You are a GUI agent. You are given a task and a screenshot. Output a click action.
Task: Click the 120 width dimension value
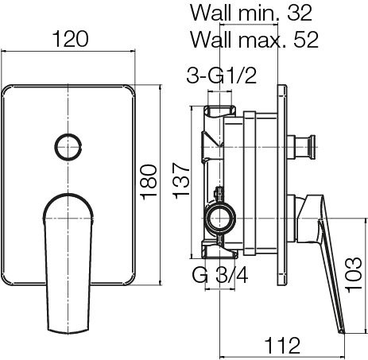click(71, 39)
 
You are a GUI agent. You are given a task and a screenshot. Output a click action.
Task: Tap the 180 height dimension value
click(149, 183)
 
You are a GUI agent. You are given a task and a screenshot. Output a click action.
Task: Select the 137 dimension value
click(181, 180)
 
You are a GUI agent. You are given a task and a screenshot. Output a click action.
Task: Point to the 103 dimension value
click(354, 275)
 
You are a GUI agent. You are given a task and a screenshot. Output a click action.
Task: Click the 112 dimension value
click(283, 346)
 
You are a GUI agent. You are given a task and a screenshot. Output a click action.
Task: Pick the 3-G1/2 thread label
click(222, 75)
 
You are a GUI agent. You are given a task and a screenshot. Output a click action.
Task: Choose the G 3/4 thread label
click(220, 275)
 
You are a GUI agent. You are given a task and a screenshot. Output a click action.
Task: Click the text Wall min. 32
click(251, 13)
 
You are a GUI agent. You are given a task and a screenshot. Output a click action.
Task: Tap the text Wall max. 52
click(254, 40)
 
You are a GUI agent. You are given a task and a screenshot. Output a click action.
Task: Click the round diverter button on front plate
click(68, 147)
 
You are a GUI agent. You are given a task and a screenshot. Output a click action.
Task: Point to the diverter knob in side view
click(302, 147)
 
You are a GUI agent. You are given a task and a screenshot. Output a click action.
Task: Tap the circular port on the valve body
click(221, 219)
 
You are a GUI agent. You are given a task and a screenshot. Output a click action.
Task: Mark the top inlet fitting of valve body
click(219, 111)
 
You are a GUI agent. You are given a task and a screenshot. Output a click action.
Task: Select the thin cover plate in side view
click(282, 185)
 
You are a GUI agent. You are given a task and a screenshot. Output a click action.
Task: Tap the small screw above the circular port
click(219, 194)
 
